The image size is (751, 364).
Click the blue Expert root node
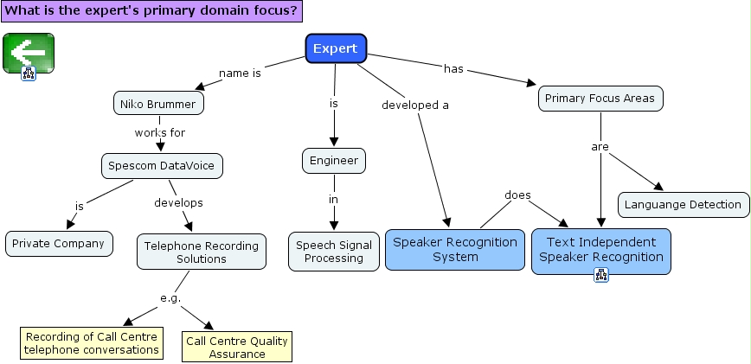pyautogui.click(x=336, y=48)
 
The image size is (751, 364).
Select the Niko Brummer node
pyautogui.click(x=159, y=104)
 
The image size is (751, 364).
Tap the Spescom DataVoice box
pyautogui.click(x=162, y=164)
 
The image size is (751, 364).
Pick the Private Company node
pyautogui.click(x=60, y=243)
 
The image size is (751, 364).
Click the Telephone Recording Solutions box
pyautogui.click(x=201, y=252)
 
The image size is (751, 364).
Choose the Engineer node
pyautogui.click(x=335, y=160)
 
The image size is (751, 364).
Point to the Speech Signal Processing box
pyautogui.click(x=334, y=252)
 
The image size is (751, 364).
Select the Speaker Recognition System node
pyautogui.click(x=455, y=249)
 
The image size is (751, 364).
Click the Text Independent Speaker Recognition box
pyautogui.click(x=601, y=249)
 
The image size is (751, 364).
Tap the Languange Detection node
pyautogui.click(x=684, y=204)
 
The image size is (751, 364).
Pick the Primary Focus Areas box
pyautogui.click(x=601, y=98)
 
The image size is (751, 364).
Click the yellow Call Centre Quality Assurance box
pyautogui.click(x=237, y=347)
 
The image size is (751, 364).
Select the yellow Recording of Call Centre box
pyautogui.click(x=92, y=343)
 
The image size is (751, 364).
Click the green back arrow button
pyautogui.click(x=29, y=54)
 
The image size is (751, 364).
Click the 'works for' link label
pyautogui.click(x=160, y=132)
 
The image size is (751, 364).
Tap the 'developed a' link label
pyautogui.click(x=415, y=105)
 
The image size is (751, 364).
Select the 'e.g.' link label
pyautogui.click(x=170, y=298)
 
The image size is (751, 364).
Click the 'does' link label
pyautogui.click(x=517, y=195)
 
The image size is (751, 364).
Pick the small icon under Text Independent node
pyautogui.click(x=601, y=275)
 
